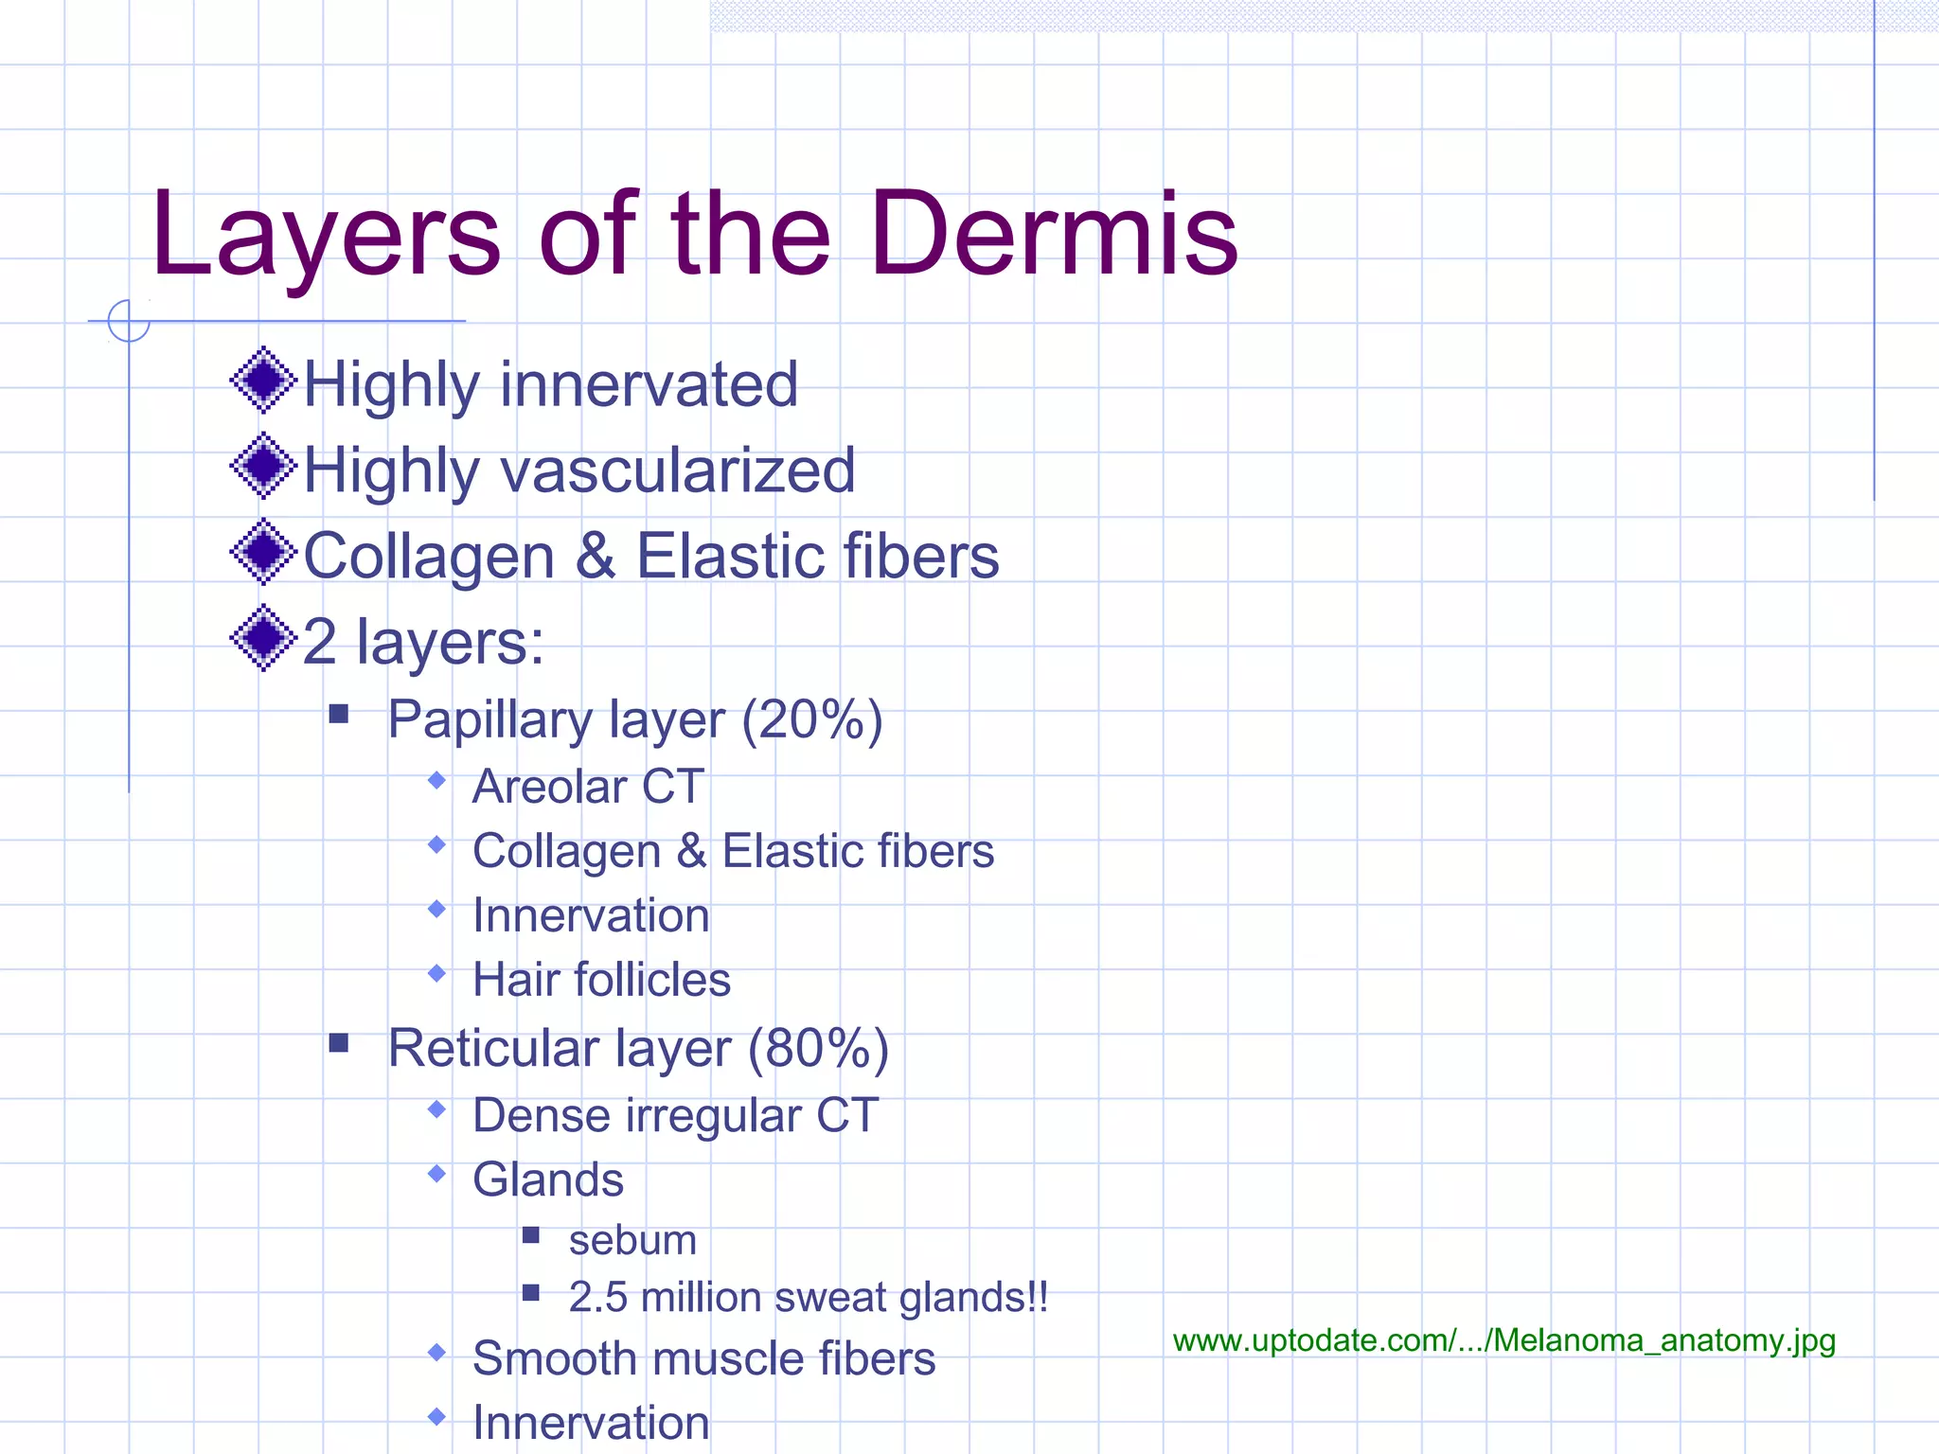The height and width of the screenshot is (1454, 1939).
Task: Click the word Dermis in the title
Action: pyautogui.click(x=1054, y=235)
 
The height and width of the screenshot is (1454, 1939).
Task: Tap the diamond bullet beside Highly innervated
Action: pyautogui.click(x=263, y=381)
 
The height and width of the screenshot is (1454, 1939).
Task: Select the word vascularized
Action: pyautogui.click(x=678, y=470)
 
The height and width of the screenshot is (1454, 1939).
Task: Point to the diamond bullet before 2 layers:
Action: pyautogui.click(x=263, y=638)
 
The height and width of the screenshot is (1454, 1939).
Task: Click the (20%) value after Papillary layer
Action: pyautogui.click(x=812, y=720)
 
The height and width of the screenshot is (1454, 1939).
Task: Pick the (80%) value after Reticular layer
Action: pyautogui.click(x=818, y=1049)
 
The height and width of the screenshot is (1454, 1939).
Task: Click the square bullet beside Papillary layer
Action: pyautogui.click(x=339, y=714)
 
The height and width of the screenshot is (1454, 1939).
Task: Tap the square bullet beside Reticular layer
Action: pyautogui.click(x=339, y=1043)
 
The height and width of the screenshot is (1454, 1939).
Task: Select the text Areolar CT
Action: pyautogui.click(x=588, y=787)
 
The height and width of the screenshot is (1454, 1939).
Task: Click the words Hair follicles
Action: pyautogui.click(x=601, y=980)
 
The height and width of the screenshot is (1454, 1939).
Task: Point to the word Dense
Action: pyautogui.click(x=542, y=1115)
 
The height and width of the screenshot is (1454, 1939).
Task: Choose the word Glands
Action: pyautogui.click(x=548, y=1180)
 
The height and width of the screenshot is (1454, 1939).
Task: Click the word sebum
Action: pyautogui.click(x=632, y=1240)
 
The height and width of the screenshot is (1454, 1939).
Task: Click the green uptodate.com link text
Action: pyautogui.click(x=1503, y=1340)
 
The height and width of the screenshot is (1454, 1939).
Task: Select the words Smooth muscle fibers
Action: pyautogui.click(x=703, y=1358)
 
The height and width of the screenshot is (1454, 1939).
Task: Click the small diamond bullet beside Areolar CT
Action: pyautogui.click(x=436, y=781)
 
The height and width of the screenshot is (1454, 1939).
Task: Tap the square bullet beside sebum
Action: pyautogui.click(x=531, y=1235)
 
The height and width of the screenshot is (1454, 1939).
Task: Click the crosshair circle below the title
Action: pyautogui.click(x=129, y=321)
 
